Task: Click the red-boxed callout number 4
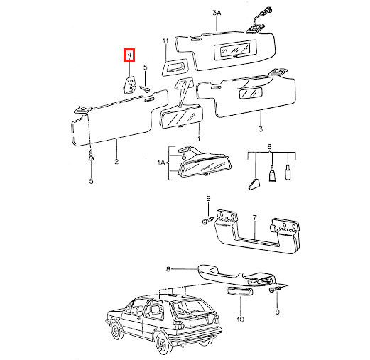coord(129,55)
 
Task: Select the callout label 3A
coord(217,13)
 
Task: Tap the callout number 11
coord(165,41)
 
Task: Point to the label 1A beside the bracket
coord(161,163)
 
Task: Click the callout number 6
coord(269,147)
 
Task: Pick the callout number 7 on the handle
coord(254,217)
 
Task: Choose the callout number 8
coord(168,269)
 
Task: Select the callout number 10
coord(240,319)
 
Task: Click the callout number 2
coord(116,162)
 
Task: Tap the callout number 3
coord(261,129)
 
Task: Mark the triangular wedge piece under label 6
coord(254,184)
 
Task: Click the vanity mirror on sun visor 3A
coord(235,50)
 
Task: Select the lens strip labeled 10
coord(239,291)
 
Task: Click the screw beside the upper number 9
coord(207,221)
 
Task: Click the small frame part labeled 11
coord(175,67)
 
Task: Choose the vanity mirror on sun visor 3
coord(251,93)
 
